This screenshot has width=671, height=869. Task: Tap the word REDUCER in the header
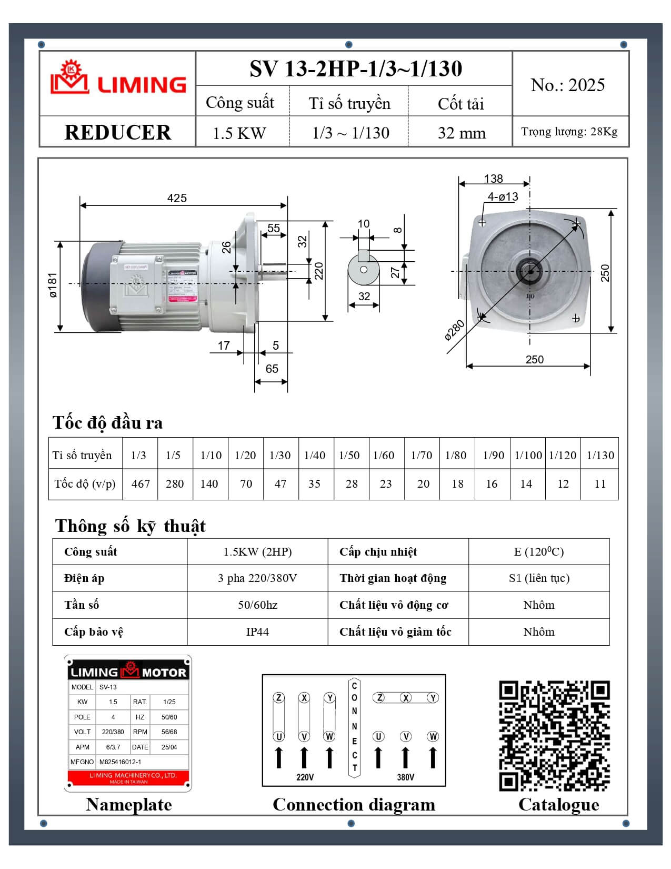tap(117, 132)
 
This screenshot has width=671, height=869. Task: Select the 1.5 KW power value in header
tap(239, 133)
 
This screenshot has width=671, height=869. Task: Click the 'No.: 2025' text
tap(568, 85)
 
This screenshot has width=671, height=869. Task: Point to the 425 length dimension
tap(177, 198)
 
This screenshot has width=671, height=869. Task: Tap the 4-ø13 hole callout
tap(503, 197)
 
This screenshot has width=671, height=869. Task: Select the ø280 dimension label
tap(454, 330)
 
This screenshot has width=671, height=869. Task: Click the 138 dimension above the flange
tap(493, 179)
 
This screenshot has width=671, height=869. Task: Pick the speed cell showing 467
tap(141, 483)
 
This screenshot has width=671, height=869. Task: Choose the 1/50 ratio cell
tap(349, 455)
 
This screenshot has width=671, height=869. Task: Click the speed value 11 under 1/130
tap(600, 483)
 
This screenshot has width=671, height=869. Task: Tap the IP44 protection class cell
tap(257, 631)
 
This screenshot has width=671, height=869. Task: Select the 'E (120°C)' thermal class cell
tap(539, 551)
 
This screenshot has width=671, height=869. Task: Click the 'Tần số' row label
tap(82, 605)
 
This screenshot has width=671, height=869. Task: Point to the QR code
tap(554, 736)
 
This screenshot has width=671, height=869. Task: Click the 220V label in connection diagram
tap(305, 777)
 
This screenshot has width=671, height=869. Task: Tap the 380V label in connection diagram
tap(405, 777)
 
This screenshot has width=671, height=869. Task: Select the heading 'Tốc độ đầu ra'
tap(107, 422)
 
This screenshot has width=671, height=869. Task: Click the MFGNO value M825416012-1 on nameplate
tap(121, 762)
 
